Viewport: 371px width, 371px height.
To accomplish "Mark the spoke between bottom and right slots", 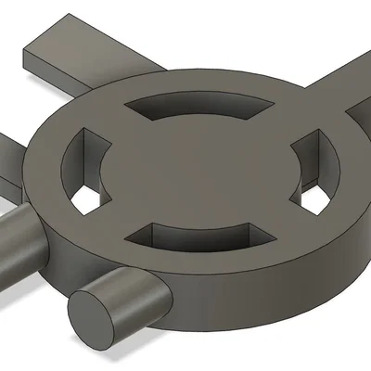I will tap(278, 227).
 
